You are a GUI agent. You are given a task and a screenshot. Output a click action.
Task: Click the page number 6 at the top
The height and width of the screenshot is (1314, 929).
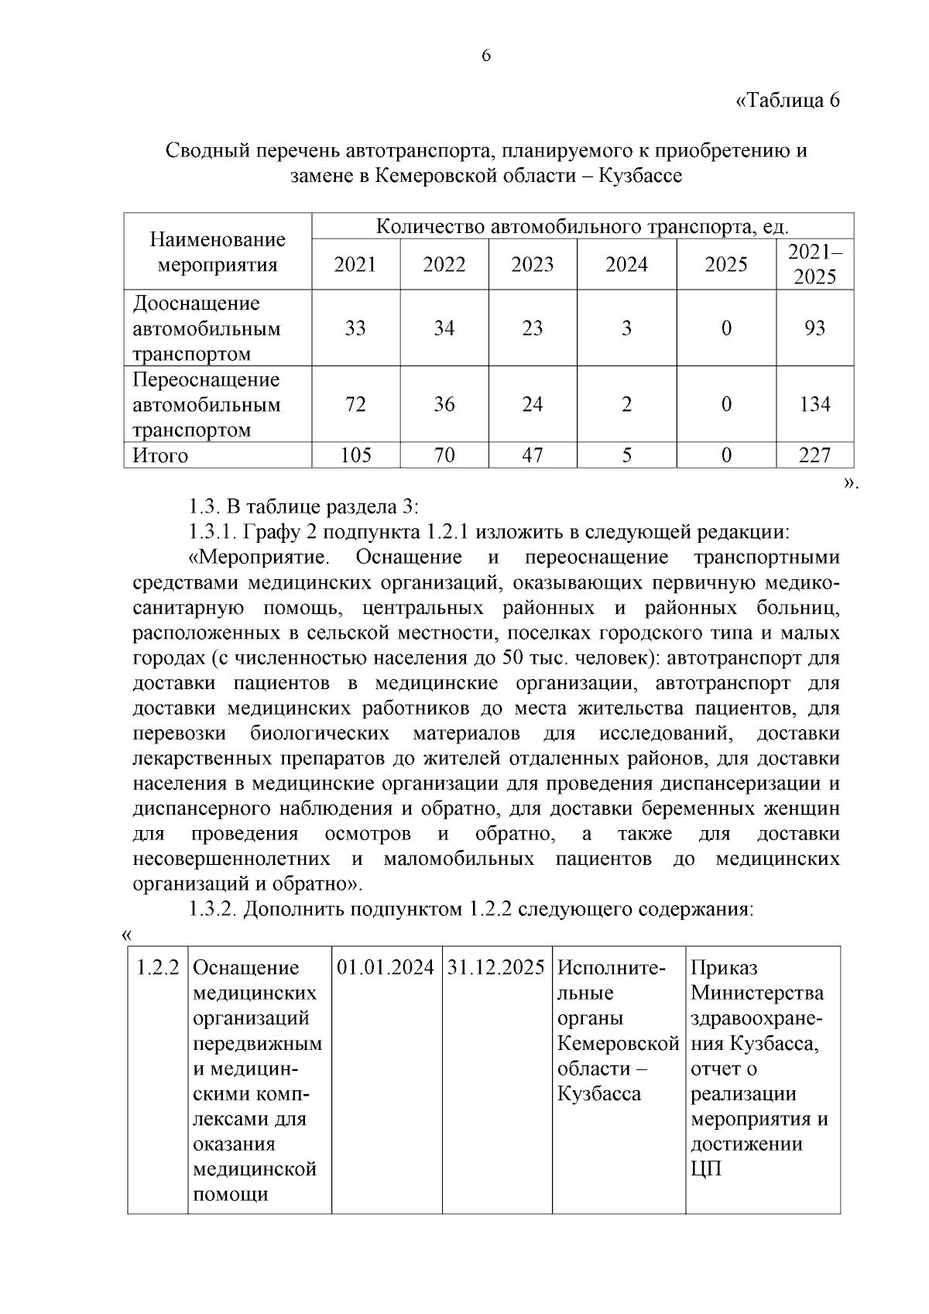pos(486,56)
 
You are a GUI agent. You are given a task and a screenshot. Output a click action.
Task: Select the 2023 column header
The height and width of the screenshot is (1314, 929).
pos(533,265)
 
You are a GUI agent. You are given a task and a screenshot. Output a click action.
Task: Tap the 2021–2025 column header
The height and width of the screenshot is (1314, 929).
pos(814,264)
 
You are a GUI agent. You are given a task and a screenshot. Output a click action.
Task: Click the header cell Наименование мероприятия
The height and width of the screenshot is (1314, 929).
pos(218,252)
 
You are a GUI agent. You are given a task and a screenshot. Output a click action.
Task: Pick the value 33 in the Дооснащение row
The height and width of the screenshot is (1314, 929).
pos(355,328)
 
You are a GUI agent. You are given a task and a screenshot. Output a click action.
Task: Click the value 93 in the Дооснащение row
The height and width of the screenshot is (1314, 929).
pos(814,328)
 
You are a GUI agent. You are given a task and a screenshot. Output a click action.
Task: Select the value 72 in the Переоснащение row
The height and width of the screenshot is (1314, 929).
pos(355,404)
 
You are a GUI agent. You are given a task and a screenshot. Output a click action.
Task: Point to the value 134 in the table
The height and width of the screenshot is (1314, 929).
pos(814,404)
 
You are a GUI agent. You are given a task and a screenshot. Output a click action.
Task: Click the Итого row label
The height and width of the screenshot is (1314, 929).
pos(161,455)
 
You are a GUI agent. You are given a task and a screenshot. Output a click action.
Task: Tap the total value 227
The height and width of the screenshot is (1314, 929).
pos(814,455)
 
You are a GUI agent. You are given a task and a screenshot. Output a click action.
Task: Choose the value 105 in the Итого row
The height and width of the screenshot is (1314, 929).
pos(355,455)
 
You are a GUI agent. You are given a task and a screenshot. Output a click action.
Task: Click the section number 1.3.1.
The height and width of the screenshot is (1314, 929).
pos(213,533)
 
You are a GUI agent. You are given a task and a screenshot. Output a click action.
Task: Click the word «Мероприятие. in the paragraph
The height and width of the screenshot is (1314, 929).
pos(259,558)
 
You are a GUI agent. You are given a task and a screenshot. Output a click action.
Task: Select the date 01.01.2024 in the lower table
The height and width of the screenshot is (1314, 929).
pos(386,968)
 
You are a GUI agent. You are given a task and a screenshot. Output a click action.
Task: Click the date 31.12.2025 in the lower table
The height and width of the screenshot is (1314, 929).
pos(496,968)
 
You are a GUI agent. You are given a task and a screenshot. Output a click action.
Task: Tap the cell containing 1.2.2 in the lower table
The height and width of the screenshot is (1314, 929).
pos(158,968)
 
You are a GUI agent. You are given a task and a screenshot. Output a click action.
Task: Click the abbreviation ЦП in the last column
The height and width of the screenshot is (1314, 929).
pos(705,1169)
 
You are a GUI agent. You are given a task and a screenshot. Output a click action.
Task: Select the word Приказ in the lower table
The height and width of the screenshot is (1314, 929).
pos(725,968)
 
